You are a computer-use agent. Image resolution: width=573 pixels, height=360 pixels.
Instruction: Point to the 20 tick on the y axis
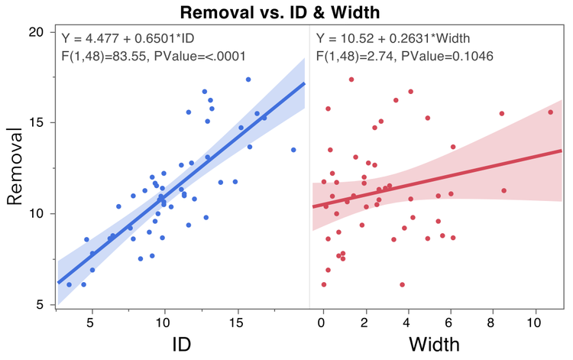(x=36, y=32)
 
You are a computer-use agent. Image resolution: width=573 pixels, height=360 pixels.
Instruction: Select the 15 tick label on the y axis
(x=36, y=122)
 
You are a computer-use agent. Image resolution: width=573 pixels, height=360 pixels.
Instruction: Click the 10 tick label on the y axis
(x=36, y=213)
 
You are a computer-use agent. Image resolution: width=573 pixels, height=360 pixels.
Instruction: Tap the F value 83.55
(x=130, y=56)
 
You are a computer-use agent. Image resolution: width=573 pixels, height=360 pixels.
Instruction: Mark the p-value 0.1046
(x=469, y=56)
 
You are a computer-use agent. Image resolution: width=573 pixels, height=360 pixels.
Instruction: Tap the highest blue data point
(x=248, y=79)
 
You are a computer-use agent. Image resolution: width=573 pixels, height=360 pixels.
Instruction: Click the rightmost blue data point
(x=293, y=150)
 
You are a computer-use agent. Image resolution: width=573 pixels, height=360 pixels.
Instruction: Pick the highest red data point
(x=351, y=79)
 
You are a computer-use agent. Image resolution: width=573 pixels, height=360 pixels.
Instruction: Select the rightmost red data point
(x=550, y=112)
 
